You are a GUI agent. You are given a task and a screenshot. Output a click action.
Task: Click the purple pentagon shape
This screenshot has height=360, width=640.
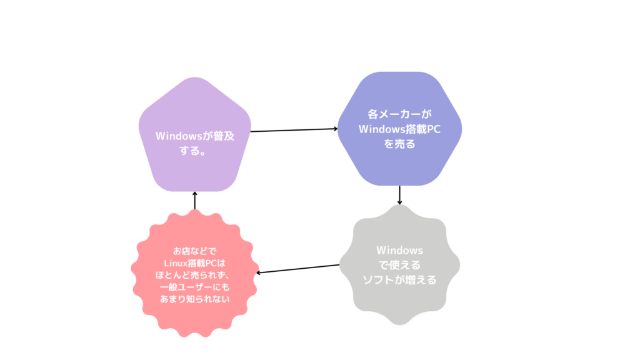195,135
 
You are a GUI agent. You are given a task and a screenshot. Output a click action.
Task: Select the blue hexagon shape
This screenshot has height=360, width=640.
399,129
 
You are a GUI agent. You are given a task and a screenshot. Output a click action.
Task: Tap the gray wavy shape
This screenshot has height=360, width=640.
399,265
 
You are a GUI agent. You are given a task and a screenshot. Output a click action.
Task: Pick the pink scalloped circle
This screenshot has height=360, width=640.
195,274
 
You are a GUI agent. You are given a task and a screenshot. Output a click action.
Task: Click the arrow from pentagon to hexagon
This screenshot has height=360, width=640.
294,130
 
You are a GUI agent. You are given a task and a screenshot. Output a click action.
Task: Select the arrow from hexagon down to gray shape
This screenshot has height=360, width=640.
399,195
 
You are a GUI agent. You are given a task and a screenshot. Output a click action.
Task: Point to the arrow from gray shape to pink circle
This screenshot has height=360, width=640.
297,269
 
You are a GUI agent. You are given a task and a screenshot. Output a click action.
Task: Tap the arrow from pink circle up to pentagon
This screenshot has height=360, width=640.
195,201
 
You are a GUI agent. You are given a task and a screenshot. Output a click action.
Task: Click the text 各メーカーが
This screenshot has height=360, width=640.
399,114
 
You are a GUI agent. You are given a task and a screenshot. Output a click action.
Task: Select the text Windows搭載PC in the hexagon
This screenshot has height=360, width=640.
399,129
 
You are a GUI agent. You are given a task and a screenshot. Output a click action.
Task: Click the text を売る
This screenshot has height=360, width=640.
399,144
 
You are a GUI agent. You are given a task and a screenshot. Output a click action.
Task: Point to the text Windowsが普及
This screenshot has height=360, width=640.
195,136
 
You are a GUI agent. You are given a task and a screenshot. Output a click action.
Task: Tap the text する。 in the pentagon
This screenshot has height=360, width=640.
192,151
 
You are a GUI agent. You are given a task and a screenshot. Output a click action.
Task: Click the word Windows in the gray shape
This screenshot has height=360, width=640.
399,250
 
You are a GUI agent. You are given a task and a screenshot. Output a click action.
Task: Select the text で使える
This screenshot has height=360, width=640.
399,265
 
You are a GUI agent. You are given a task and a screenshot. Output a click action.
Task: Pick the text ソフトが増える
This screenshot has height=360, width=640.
399,280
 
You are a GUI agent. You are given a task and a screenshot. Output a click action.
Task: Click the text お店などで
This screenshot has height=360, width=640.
195,251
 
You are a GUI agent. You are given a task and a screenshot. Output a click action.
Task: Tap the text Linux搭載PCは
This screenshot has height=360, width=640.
195,263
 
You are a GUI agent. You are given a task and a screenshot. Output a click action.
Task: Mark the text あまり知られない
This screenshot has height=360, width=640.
195,299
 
